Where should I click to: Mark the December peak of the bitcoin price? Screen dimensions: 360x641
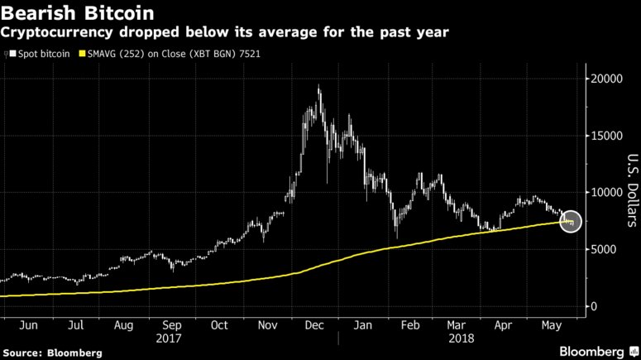point(319,86)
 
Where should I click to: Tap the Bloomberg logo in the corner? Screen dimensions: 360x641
point(589,351)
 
